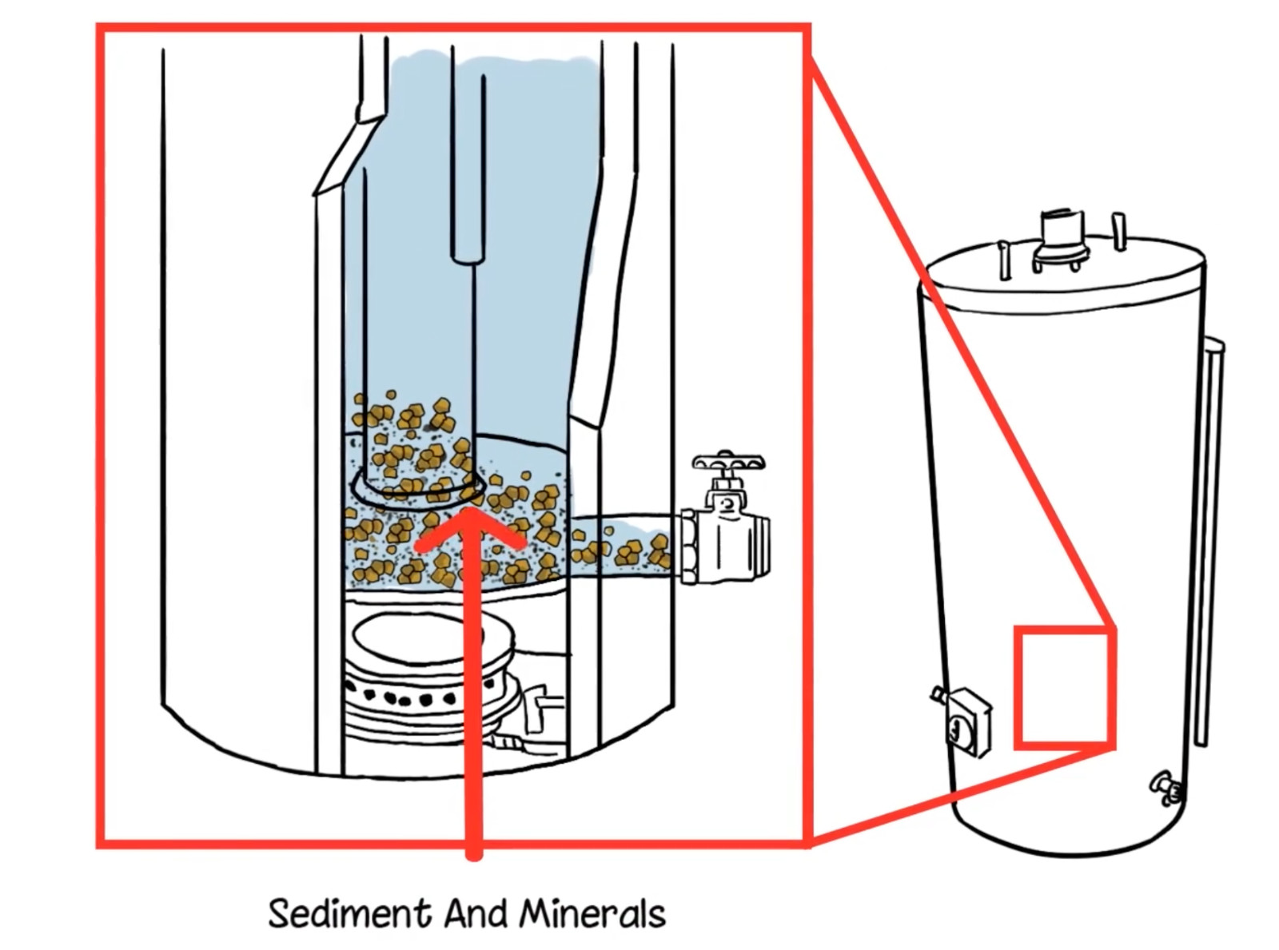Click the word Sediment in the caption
click(349, 913)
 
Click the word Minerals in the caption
click(592, 913)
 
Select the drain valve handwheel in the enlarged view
click(728, 462)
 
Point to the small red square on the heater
click(1064, 688)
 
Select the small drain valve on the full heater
click(1166, 786)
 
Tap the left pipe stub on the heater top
click(1004, 260)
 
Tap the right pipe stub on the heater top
click(1119, 231)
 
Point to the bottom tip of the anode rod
click(468, 256)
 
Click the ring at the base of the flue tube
click(418, 489)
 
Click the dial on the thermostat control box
click(956, 728)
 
